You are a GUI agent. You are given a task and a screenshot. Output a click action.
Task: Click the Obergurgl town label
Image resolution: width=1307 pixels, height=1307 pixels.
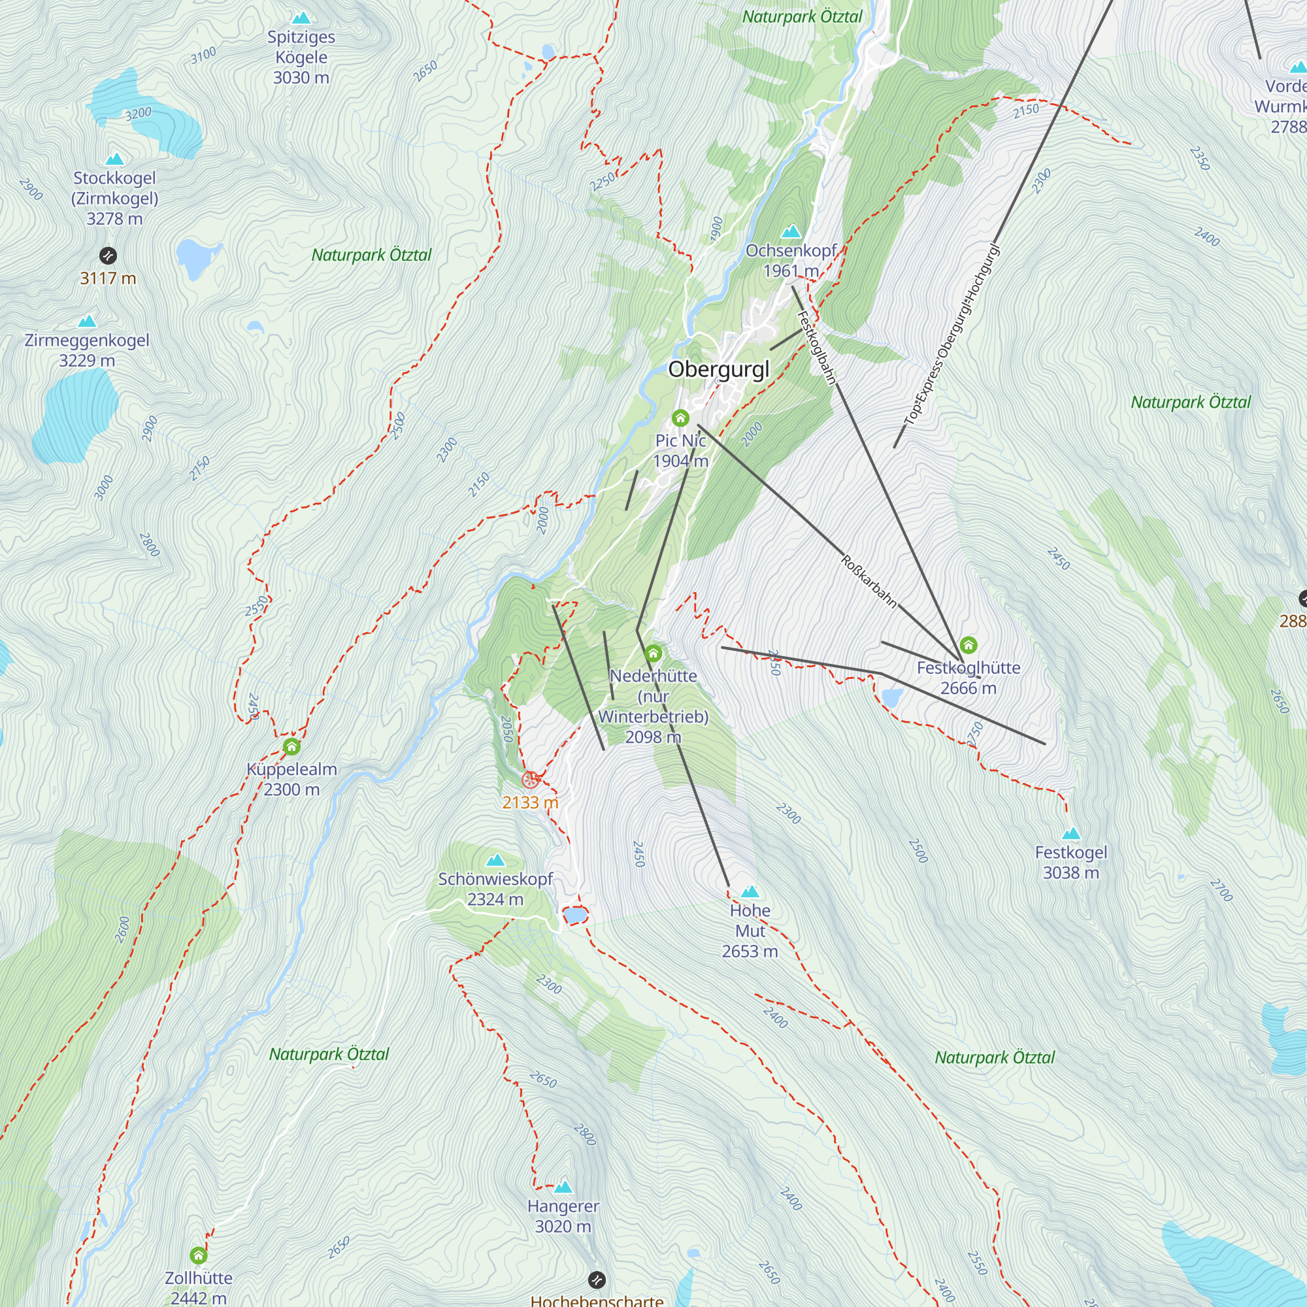718,369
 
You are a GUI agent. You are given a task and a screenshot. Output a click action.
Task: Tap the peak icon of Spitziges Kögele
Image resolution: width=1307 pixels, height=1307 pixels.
301,18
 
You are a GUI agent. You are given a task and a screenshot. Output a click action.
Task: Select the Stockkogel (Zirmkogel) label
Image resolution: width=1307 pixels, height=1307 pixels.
114,197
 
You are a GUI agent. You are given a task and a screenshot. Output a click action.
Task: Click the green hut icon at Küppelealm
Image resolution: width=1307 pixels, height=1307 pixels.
291,747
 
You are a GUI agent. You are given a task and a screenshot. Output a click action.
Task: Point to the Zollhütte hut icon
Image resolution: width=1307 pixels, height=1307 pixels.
198,1255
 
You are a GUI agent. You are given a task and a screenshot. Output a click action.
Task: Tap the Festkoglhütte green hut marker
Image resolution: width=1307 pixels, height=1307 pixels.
968,645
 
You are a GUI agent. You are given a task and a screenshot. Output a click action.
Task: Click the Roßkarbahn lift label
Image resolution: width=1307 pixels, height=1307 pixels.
869,580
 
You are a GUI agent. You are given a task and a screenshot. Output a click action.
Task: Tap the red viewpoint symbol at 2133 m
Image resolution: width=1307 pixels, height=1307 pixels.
531,780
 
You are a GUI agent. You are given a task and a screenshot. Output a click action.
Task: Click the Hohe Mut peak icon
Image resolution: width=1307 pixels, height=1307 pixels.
750,891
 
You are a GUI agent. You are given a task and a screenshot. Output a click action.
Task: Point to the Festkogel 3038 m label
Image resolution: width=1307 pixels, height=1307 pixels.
1070,862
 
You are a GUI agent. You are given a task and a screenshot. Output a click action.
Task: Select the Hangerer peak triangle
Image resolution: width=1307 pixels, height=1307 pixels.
563,1187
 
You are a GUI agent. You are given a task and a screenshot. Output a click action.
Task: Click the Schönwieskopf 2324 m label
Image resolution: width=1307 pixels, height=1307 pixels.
495,889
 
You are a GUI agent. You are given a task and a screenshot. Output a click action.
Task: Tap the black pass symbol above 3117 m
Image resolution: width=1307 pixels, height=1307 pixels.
108,256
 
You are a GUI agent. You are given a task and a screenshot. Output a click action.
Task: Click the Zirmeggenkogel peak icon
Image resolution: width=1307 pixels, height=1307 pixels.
88,322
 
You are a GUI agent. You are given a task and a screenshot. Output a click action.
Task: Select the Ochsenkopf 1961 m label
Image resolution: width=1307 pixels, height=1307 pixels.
791,261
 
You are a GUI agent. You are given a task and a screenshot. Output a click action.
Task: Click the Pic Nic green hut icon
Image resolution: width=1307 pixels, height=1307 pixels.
680,418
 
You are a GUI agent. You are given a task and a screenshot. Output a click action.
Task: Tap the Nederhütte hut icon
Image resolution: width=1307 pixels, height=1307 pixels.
653,653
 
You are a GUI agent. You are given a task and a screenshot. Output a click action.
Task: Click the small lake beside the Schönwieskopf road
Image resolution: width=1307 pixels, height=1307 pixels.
574,916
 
